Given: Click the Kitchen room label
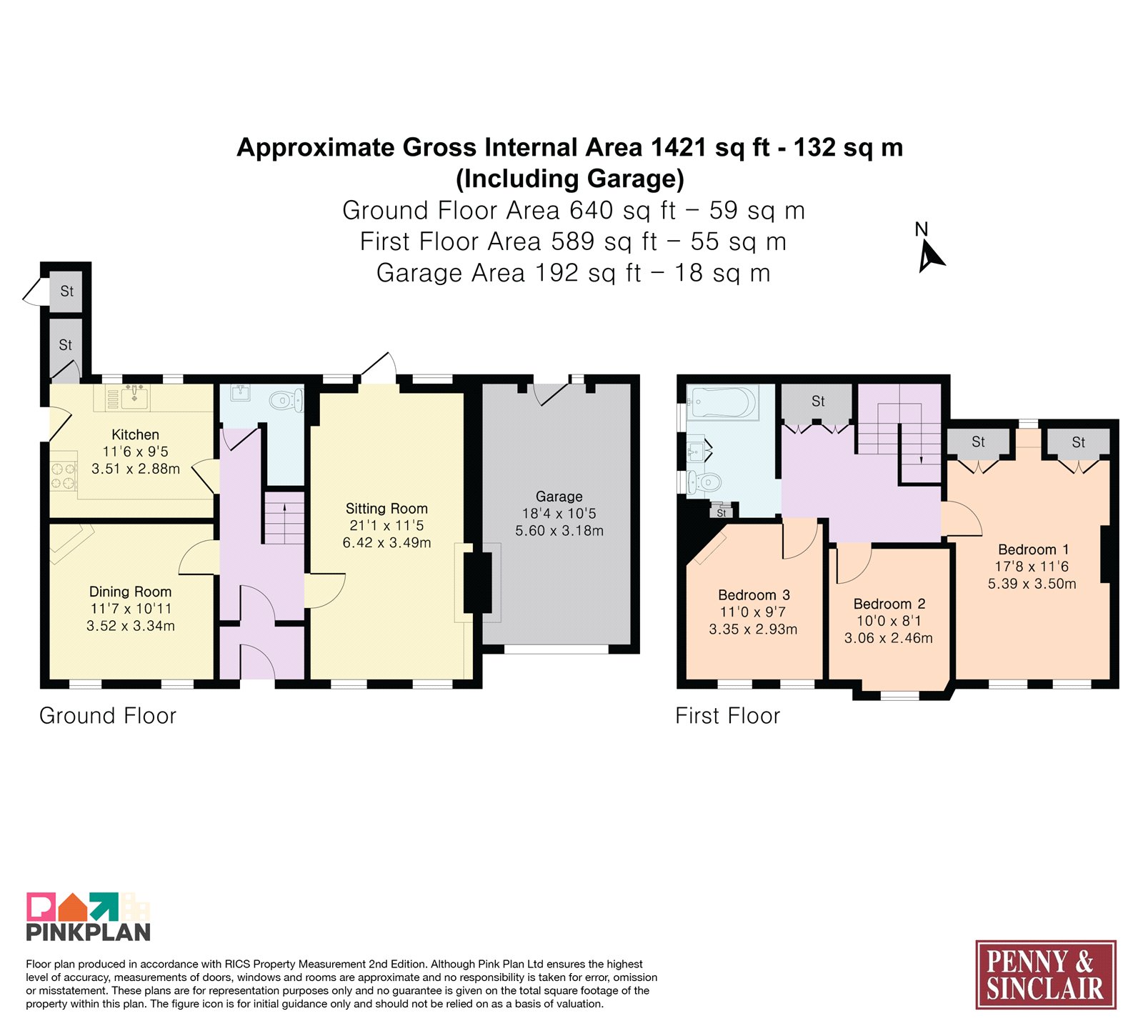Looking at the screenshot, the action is [135, 434].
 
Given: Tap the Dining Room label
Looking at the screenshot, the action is [130, 592].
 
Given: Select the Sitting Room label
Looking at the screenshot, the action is [386, 509].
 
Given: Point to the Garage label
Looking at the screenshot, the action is [559, 497].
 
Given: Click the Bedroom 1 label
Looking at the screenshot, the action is [1033, 549].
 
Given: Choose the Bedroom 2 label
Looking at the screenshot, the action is [889, 604].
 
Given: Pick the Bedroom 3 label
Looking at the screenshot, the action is [754, 595].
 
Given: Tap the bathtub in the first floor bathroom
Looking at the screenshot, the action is [723, 402].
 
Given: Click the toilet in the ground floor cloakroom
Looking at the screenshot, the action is [286, 400].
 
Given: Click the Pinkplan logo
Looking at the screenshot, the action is [89, 917].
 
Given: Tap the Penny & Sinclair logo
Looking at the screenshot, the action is [1046, 975].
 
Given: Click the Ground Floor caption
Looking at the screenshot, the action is [108, 716].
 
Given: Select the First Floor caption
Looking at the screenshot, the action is [728, 716].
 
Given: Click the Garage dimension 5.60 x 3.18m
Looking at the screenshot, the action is [559, 531].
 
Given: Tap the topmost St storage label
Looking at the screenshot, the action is [66, 291].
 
